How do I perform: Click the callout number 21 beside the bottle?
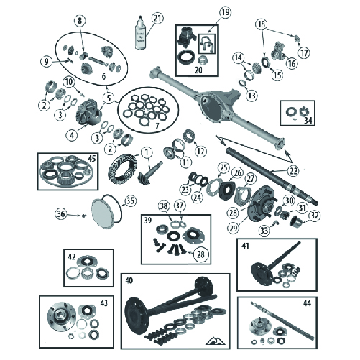[157, 17]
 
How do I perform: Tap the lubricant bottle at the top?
[139, 34]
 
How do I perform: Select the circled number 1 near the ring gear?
[146, 152]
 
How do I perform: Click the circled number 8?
[80, 20]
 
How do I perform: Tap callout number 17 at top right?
[304, 51]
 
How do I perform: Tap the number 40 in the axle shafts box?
[129, 279]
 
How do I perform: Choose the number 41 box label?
[246, 246]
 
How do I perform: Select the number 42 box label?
[72, 255]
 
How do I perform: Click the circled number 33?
[265, 231]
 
